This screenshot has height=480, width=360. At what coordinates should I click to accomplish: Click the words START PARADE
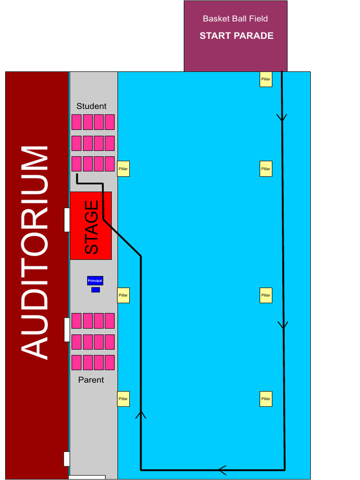(x=236, y=36)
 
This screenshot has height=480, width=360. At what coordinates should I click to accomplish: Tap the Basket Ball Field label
(x=235, y=19)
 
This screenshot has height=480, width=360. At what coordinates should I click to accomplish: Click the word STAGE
(x=91, y=227)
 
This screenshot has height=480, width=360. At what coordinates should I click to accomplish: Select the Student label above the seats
(x=91, y=106)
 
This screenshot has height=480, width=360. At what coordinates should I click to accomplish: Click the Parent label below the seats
(x=91, y=380)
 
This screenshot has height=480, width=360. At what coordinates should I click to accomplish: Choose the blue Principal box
(x=95, y=280)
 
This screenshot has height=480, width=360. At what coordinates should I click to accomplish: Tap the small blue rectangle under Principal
(x=96, y=290)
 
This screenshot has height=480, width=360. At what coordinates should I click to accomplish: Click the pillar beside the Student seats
(x=123, y=169)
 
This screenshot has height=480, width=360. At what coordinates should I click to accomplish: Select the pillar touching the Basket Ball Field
(x=266, y=79)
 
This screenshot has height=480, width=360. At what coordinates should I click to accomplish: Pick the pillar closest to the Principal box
(x=123, y=295)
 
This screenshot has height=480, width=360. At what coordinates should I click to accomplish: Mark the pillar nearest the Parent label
(x=123, y=399)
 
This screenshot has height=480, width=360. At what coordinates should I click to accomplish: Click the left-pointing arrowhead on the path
(x=222, y=469)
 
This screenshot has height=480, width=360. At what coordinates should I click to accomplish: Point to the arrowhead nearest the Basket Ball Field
(x=282, y=117)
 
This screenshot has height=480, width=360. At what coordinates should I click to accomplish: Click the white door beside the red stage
(x=67, y=220)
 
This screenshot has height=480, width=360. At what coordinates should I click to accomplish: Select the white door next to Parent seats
(x=67, y=330)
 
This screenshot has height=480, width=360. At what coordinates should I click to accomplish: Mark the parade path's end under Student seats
(x=76, y=175)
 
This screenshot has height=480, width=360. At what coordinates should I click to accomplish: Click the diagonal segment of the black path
(x=122, y=238)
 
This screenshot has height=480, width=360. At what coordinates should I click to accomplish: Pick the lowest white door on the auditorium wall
(x=67, y=458)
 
